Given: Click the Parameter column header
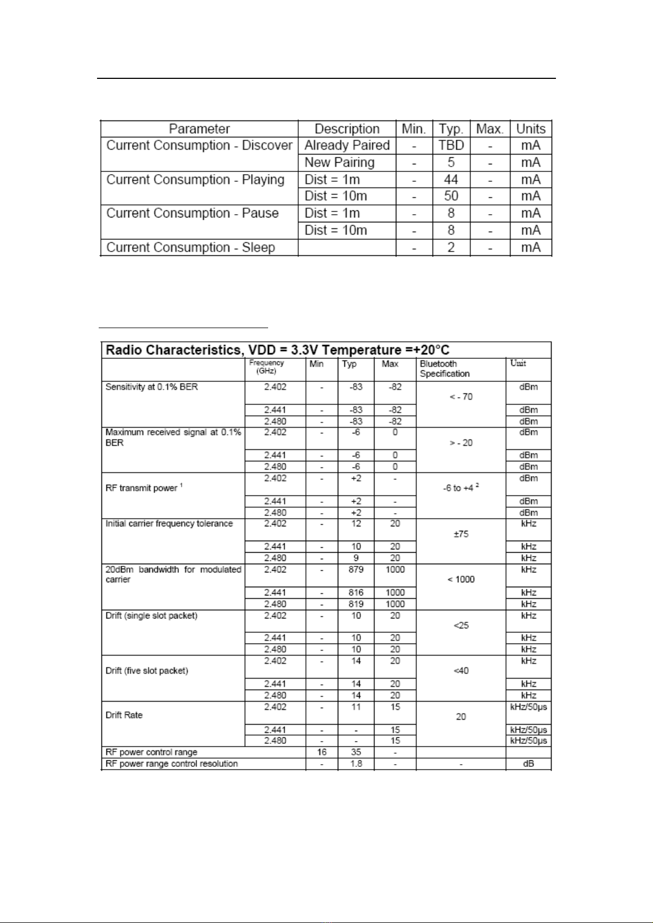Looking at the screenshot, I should click(x=199, y=129).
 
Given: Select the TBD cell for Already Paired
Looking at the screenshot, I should click(x=451, y=145).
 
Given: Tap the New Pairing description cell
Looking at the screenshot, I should click(x=339, y=162).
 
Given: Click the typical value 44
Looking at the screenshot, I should click(x=451, y=180).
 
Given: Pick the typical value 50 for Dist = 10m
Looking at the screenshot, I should click(x=451, y=196).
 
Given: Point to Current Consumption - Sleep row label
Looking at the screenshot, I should click(x=190, y=248).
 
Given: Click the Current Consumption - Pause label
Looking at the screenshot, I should click(x=192, y=213).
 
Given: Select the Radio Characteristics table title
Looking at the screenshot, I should click(x=277, y=350).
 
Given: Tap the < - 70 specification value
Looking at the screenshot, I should click(x=461, y=397).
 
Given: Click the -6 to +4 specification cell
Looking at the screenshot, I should click(x=461, y=488).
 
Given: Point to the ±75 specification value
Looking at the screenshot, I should click(x=461, y=534).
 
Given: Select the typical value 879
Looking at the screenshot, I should click(x=356, y=570).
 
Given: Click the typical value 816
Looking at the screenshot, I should click(x=356, y=593).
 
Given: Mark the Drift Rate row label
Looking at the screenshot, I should click(x=124, y=715).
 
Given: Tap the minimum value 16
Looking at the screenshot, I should click(x=322, y=752).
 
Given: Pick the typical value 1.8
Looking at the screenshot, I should click(x=356, y=764).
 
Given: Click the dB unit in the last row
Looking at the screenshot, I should click(x=529, y=764).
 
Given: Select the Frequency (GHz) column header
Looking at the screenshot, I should click(x=266, y=367).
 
